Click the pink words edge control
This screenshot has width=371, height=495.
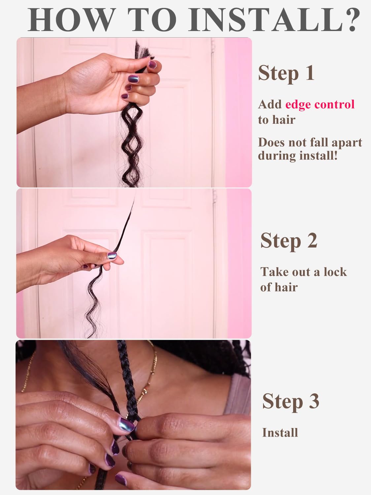(320, 104)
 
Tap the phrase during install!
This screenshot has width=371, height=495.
(298, 155)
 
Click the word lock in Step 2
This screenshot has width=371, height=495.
(335, 272)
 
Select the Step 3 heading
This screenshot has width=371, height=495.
(290, 401)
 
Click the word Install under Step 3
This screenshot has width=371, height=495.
(280, 432)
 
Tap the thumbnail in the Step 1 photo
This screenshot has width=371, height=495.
(152, 63)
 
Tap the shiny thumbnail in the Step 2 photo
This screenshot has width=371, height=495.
(113, 255)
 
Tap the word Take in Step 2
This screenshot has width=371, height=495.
(273, 272)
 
